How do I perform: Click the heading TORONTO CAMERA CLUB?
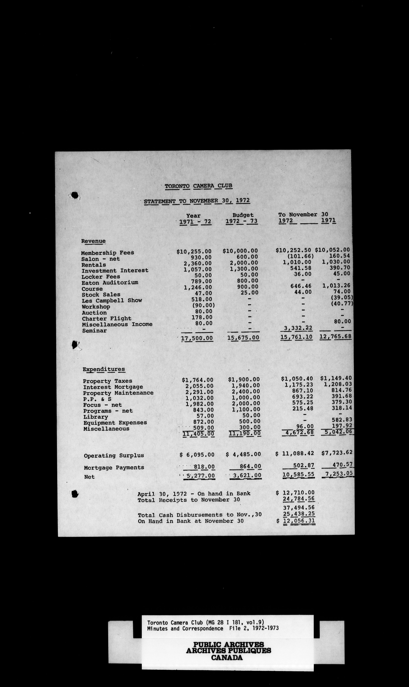coord(198,186)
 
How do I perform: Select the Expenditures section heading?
coord(104,369)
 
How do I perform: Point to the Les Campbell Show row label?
coord(112,301)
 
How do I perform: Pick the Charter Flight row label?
coord(106,319)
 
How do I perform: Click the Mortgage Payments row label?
coord(114,468)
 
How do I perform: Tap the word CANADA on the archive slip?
coord(227,658)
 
